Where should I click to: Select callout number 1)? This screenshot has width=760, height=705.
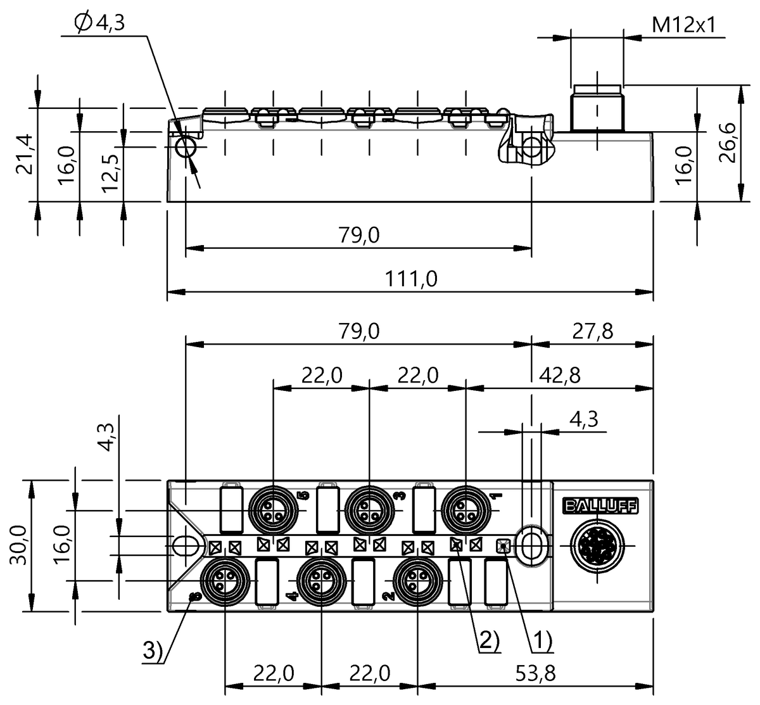click(541, 643)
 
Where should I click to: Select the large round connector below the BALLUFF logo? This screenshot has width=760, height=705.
click(597, 545)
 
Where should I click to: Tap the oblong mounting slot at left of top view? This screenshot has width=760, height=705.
click(186, 544)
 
